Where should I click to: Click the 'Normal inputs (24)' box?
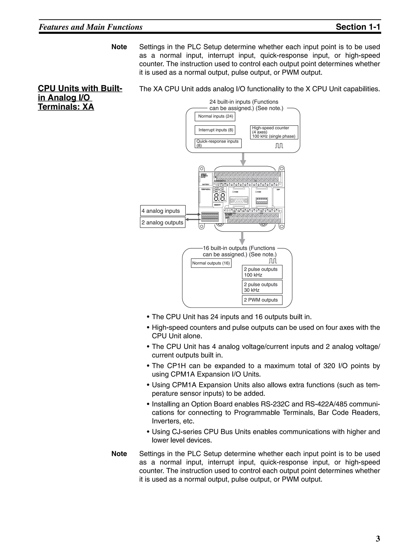(x=215, y=117)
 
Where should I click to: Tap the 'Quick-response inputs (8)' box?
(x=218, y=143)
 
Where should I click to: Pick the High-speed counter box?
(x=274, y=132)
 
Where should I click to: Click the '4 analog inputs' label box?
(x=163, y=211)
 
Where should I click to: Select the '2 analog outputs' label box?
(x=162, y=223)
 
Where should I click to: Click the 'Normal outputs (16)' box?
(x=211, y=263)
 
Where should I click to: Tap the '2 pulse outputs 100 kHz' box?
(x=262, y=272)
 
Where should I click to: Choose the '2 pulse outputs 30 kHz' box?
(x=262, y=287)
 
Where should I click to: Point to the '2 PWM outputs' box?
(x=262, y=300)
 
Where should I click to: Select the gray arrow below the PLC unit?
(x=242, y=238)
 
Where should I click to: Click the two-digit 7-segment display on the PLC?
(x=220, y=197)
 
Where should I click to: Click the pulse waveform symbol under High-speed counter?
(x=279, y=146)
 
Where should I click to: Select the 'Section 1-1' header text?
(x=358, y=27)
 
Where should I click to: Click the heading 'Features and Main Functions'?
(x=91, y=27)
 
